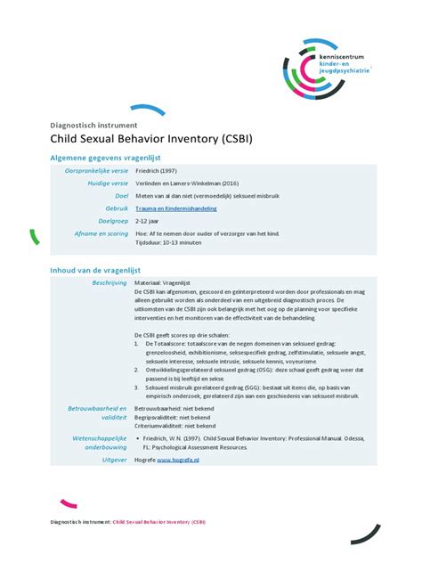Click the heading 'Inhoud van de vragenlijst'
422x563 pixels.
point(94,270)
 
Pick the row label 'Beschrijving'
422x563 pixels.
point(105,282)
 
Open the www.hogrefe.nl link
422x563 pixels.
point(178,460)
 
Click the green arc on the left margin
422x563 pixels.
point(33,237)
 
